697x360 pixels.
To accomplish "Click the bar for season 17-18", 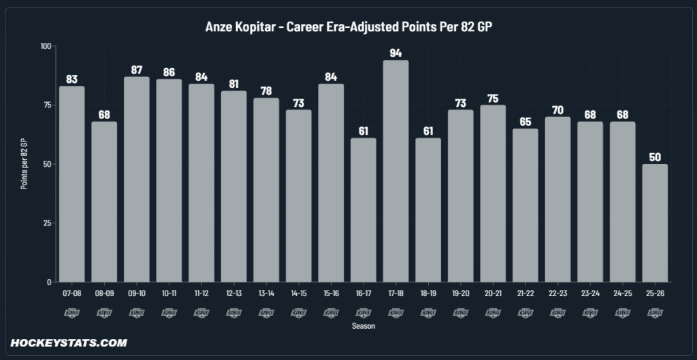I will click(396, 171).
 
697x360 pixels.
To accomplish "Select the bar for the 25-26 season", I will click(655, 223).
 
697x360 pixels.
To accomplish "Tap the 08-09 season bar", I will click(104, 201).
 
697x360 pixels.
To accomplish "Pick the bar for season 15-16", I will click(331, 182).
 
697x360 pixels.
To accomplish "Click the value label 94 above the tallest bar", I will click(396, 52).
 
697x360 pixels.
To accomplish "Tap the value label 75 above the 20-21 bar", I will click(493, 97).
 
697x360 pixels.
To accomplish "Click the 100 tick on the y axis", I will click(46, 46).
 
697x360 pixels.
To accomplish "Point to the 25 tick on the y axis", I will click(48, 223).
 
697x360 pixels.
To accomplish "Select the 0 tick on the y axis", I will click(49, 282).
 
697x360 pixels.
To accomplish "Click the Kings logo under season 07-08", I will click(71, 312).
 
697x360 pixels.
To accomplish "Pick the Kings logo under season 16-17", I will click(363, 312).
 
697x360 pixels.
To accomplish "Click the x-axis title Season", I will click(363, 326).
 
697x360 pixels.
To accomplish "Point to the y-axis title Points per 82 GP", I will click(24, 163).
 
